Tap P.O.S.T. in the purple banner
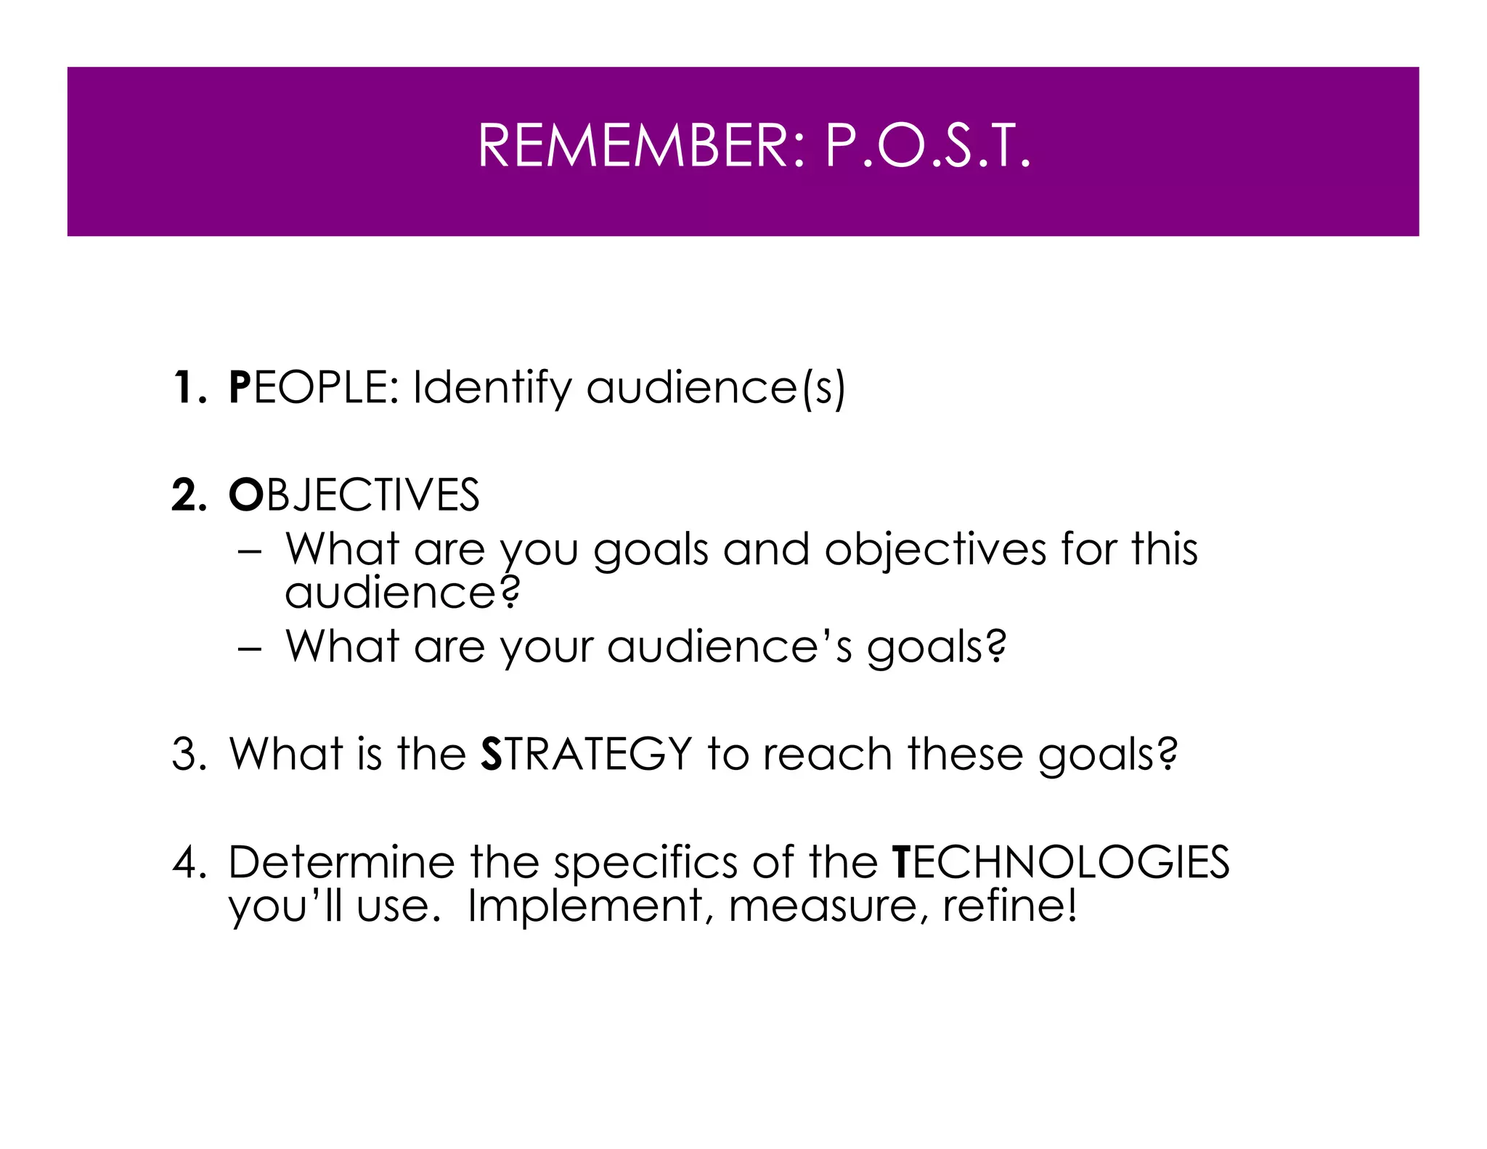click(927, 147)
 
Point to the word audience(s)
click(716, 389)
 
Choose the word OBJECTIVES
click(354, 495)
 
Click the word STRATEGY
click(587, 754)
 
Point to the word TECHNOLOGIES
click(1061, 862)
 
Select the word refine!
click(1010, 906)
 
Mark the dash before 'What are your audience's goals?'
click(248, 647)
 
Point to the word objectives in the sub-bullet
click(935, 551)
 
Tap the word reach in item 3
click(827, 754)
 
